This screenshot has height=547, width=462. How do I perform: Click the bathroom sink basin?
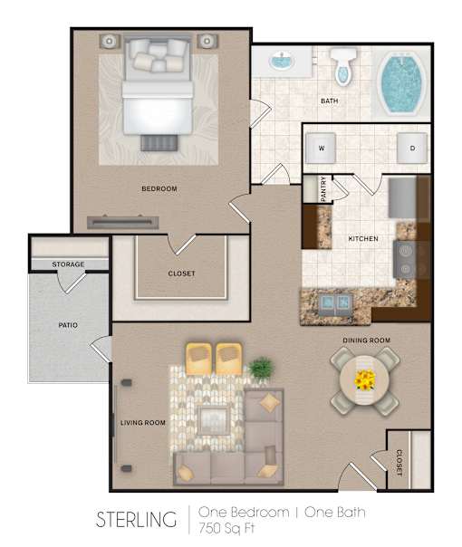tap(282, 61)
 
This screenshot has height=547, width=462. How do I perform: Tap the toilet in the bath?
tap(343, 66)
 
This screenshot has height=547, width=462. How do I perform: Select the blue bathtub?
tap(401, 82)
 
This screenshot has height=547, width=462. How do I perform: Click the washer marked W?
tap(321, 148)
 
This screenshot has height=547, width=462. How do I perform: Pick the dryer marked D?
tap(412, 148)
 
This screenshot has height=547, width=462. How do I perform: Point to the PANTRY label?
tap(323, 189)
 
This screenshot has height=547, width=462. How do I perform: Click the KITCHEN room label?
tap(363, 238)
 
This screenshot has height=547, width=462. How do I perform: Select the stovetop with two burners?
tap(405, 260)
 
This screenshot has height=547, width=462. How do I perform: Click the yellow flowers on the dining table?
tap(365, 379)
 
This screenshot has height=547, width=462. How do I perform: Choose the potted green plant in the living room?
tap(262, 369)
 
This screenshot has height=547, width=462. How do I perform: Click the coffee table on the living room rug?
tap(214, 419)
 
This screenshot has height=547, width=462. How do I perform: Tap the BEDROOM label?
tap(159, 188)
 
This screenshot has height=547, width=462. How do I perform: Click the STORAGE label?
tap(68, 264)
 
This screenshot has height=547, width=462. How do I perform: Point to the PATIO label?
tap(68, 325)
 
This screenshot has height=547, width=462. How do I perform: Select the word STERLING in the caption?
tap(136, 519)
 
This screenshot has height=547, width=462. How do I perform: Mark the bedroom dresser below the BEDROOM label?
tap(123, 222)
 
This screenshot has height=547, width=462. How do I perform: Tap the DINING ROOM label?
tap(366, 341)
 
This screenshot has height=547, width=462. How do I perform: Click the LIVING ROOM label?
tap(143, 423)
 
